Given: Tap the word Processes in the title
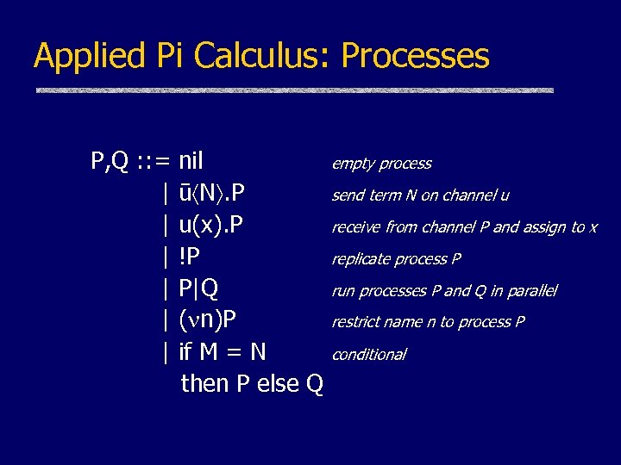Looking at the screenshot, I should [x=416, y=57].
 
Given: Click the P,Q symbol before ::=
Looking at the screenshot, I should [x=110, y=162].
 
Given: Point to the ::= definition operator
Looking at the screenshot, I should [x=154, y=162].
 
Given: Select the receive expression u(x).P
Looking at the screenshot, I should [x=211, y=226].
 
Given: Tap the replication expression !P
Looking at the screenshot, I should [x=190, y=257].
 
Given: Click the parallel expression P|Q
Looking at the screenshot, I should [x=198, y=288].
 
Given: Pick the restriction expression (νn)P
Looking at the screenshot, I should [x=208, y=320].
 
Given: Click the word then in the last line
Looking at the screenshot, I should [x=205, y=383].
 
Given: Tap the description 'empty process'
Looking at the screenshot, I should [x=381, y=164].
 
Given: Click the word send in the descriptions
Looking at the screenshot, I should [x=348, y=195].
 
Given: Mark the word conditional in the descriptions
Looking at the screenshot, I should [x=369, y=355].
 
